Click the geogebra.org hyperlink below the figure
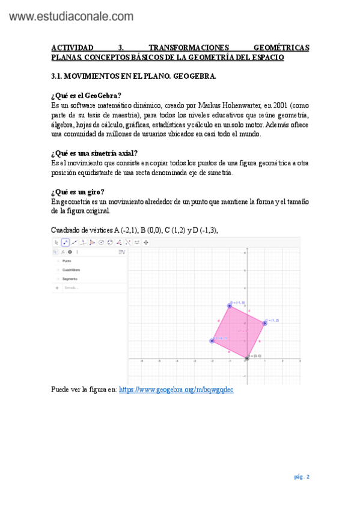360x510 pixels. (x=175, y=390)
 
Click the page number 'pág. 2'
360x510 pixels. (x=302, y=477)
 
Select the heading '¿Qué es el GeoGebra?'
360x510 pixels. (x=87, y=96)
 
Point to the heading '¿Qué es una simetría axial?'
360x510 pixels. (x=94, y=153)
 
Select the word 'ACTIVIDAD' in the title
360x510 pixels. (x=73, y=48)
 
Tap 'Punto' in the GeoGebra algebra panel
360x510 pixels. (x=67, y=262)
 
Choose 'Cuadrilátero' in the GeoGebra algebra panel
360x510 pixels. (x=71, y=270)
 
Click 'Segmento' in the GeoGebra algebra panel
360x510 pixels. (x=70, y=279)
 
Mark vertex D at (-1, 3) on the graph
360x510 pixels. (x=229, y=306)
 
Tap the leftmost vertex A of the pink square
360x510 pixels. (x=212, y=341)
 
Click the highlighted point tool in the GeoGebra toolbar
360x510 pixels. (x=65, y=242)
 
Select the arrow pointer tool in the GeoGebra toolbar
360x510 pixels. (x=56, y=242)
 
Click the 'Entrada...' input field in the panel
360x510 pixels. (x=72, y=288)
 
